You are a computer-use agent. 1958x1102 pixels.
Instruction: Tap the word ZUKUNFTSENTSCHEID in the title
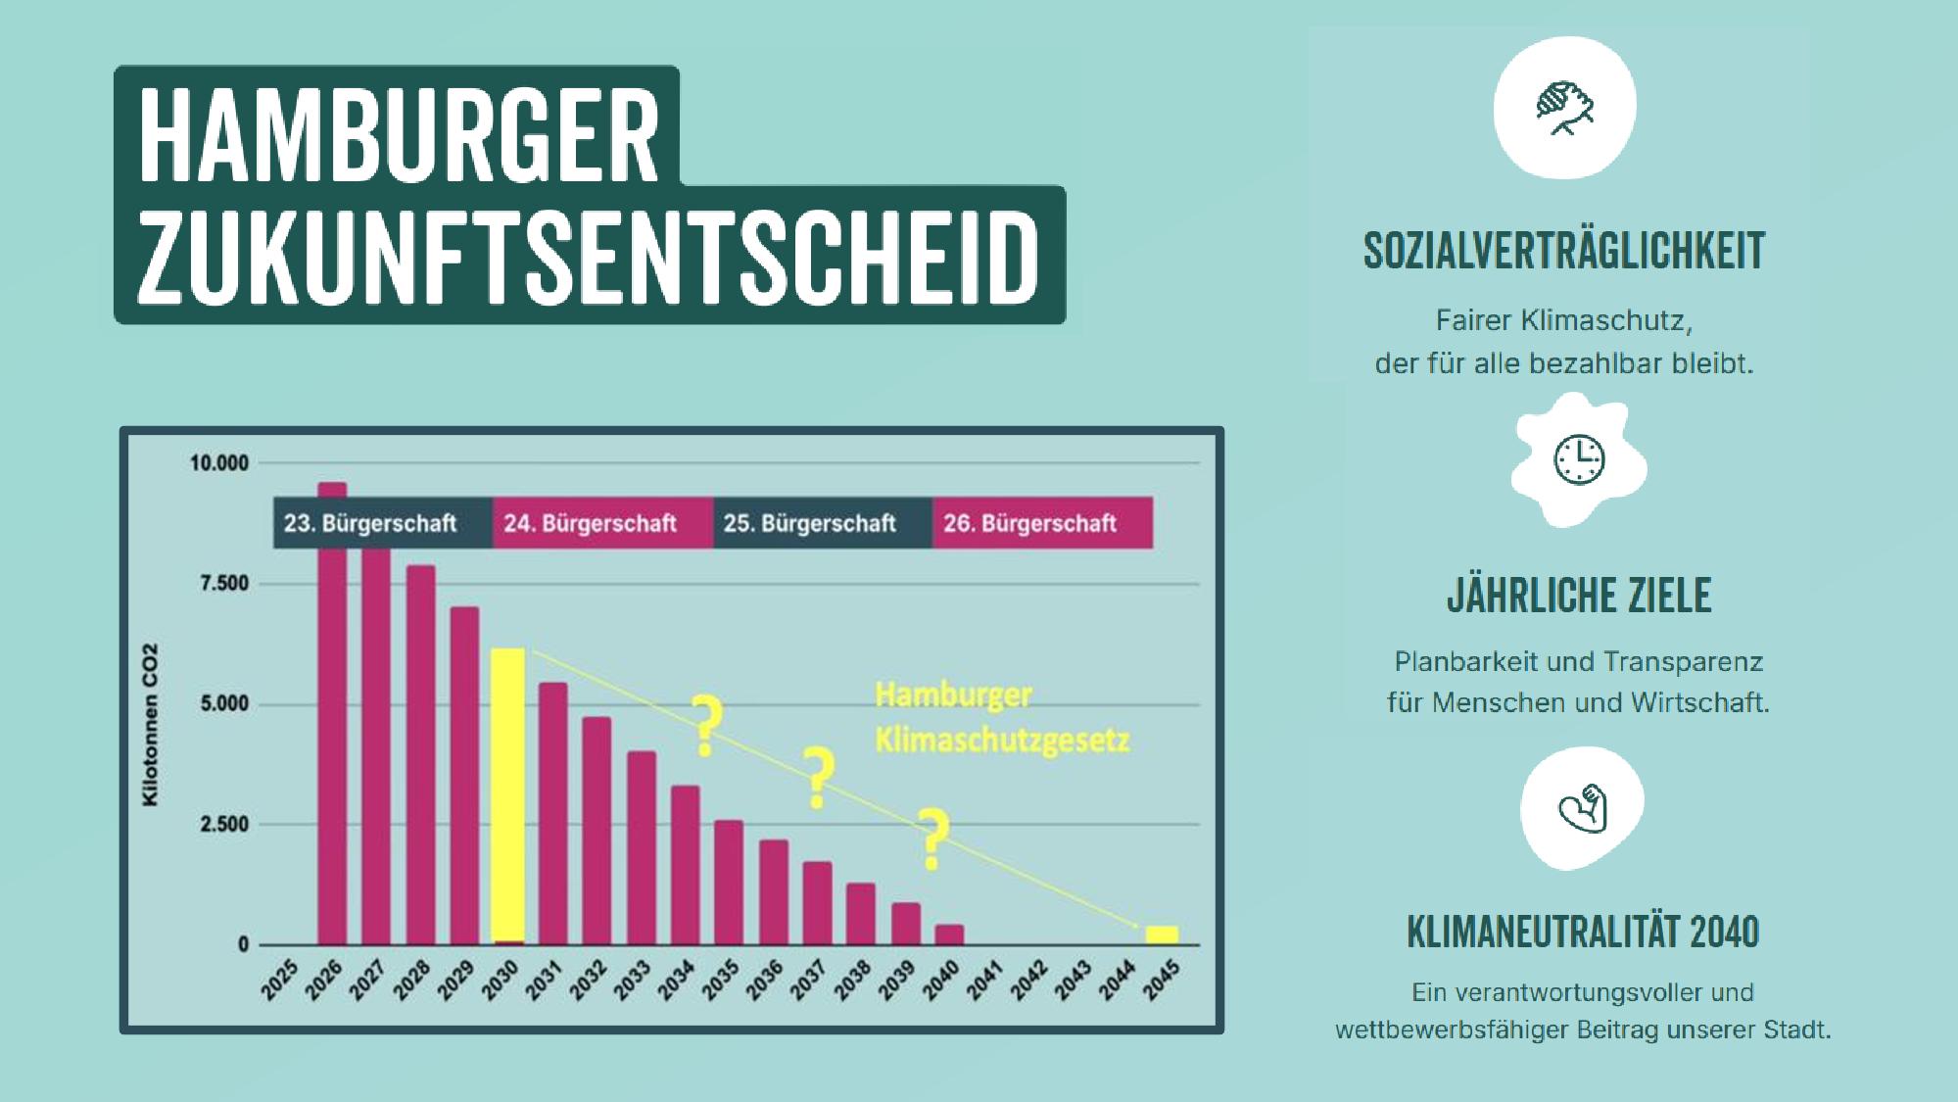(x=588, y=258)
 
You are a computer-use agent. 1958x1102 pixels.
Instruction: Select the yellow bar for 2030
(x=507, y=794)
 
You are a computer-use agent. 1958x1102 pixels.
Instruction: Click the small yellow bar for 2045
(x=1162, y=934)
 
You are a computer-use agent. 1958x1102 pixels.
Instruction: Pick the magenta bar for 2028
(x=420, y=754)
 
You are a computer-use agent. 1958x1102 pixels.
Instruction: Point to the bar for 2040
(x=949, y=934)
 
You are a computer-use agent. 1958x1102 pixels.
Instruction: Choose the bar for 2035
(x=728, y=882)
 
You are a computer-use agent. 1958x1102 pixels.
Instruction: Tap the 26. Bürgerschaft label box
(x=1041, y=523)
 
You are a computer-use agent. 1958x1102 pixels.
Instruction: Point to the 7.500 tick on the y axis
(x=224, y=584)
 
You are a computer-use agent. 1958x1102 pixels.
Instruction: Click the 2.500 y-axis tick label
(x=224, y=825)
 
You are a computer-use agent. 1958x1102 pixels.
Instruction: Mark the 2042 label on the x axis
(x=1029, y=981)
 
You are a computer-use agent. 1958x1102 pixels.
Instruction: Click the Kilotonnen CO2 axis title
(x=150, y=725)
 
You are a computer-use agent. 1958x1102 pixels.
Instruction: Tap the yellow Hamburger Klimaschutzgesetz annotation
(x=1001, y=718)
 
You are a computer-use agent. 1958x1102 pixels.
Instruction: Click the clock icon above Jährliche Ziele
(x=1579, y=459)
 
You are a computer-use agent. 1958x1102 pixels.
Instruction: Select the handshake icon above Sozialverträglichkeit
(x=1564, y=108)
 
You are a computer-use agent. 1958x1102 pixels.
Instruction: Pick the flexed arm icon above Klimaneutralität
(x=1583, y=808)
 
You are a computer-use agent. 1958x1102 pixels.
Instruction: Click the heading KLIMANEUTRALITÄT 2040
(x=1583, y=932)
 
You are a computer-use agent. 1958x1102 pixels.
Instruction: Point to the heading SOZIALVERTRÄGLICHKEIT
(x=1564, y=251)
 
